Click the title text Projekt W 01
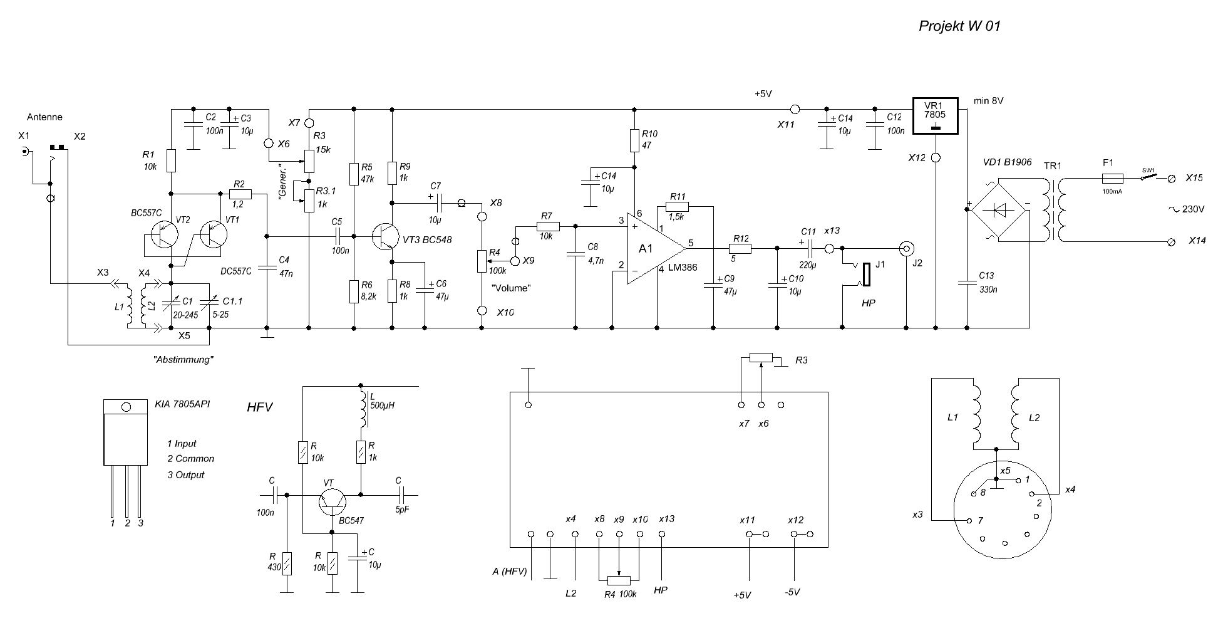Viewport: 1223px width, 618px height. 959,26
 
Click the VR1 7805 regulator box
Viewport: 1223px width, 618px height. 936,117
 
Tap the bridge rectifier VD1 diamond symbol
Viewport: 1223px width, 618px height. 998,209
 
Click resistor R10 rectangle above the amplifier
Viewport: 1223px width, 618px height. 634,140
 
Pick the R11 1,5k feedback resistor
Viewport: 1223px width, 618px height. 677,207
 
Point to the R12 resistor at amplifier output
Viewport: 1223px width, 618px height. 741,248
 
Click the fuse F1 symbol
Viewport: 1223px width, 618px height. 1112,179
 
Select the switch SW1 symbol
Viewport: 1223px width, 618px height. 1148,179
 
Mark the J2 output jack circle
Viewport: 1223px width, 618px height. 906,248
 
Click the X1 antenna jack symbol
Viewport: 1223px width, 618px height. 24,152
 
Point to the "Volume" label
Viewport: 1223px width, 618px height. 511,288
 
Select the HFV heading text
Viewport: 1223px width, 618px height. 260,407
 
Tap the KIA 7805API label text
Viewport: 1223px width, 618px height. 182,404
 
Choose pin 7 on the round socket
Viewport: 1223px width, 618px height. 969,521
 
